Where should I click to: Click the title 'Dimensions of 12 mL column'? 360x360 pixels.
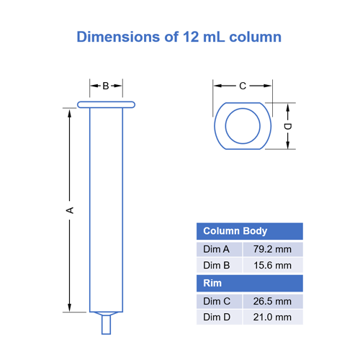tap(179, 37)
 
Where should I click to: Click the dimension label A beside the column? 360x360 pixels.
tap(70, 210)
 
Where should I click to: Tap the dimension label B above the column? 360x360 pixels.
tap(105, 86)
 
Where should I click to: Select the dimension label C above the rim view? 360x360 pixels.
tap(243, 86)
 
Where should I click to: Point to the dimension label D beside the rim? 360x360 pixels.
tap(287, 127)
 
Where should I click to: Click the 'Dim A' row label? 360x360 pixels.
tap(217, 249)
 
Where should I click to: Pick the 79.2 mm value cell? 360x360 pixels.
tap(272, 249)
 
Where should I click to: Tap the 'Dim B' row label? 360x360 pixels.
tap(217, 266)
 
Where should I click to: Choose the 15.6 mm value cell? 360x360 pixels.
tap(272, 266)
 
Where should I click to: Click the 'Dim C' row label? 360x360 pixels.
tap(217, 301)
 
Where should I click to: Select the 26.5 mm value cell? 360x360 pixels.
tap(272, 301)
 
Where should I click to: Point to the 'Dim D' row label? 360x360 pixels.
tap(217, 318)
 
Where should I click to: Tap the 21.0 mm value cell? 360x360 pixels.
tap(272, 318)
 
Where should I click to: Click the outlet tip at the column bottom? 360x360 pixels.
tap(106, 323)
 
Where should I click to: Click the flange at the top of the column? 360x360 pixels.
tap(106, 105)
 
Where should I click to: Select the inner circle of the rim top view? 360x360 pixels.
tap(243, 127)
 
